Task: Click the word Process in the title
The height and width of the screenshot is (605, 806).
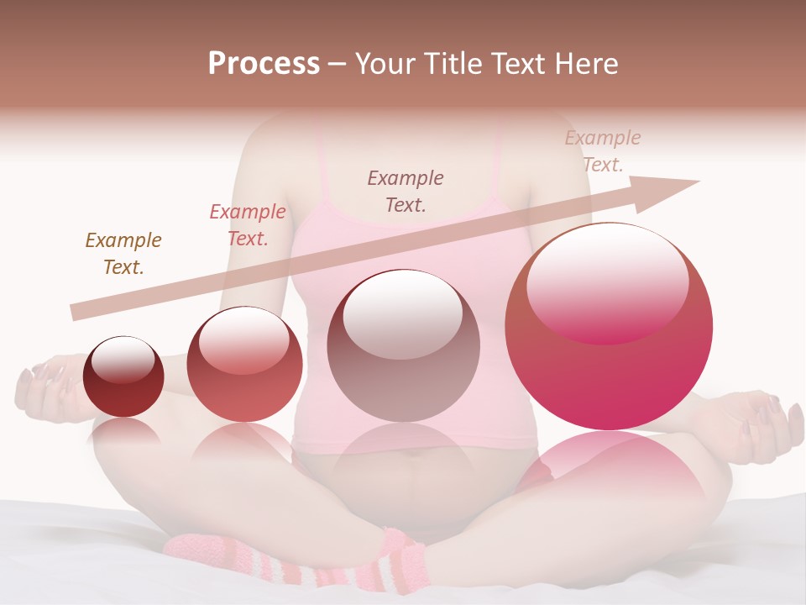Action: pyautogui.click(x=264, y=64)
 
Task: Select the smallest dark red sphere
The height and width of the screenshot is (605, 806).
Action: pyautogui.click(x=123, y=377)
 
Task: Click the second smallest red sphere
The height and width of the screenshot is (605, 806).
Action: pyautogui.click(x=244, y=365)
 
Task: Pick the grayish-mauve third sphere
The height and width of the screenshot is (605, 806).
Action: pyautogui.click(x=403, y=346)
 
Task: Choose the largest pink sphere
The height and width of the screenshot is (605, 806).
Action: pyautogui.click(x=609, y=327)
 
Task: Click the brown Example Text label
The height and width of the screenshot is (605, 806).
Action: pyautogui.click(x=123, y=254)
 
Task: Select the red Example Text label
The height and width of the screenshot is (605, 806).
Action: pyautogui.click(x=248, y=225)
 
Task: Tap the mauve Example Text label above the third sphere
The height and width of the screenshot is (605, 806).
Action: pyautogui.click(x=406, y=191)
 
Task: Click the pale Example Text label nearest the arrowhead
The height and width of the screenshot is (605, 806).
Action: pyautogui.click(x=603, y=151)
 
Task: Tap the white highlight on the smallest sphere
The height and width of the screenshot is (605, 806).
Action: pyautogui.click(x=123, y=360)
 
